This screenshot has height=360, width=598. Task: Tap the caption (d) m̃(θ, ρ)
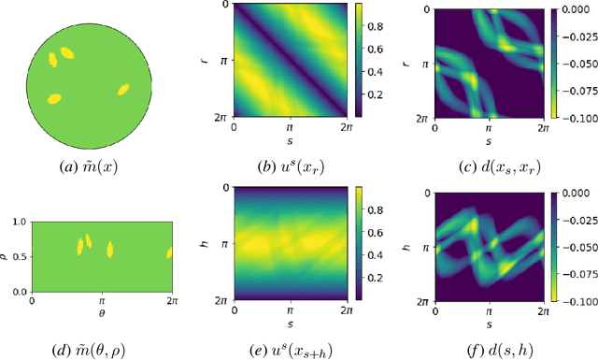pyautogui.click(x=101, y=350)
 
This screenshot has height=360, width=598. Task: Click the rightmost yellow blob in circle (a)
pyautogui.click(x=121, y=90)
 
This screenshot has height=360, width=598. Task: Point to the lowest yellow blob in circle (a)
pyautogui.click(x=54, y=97)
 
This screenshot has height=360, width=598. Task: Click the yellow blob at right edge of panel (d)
pyautogui.click(x=169, y=252)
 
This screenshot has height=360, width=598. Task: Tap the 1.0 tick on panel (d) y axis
pyautogui.click(x=21, y=222)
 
